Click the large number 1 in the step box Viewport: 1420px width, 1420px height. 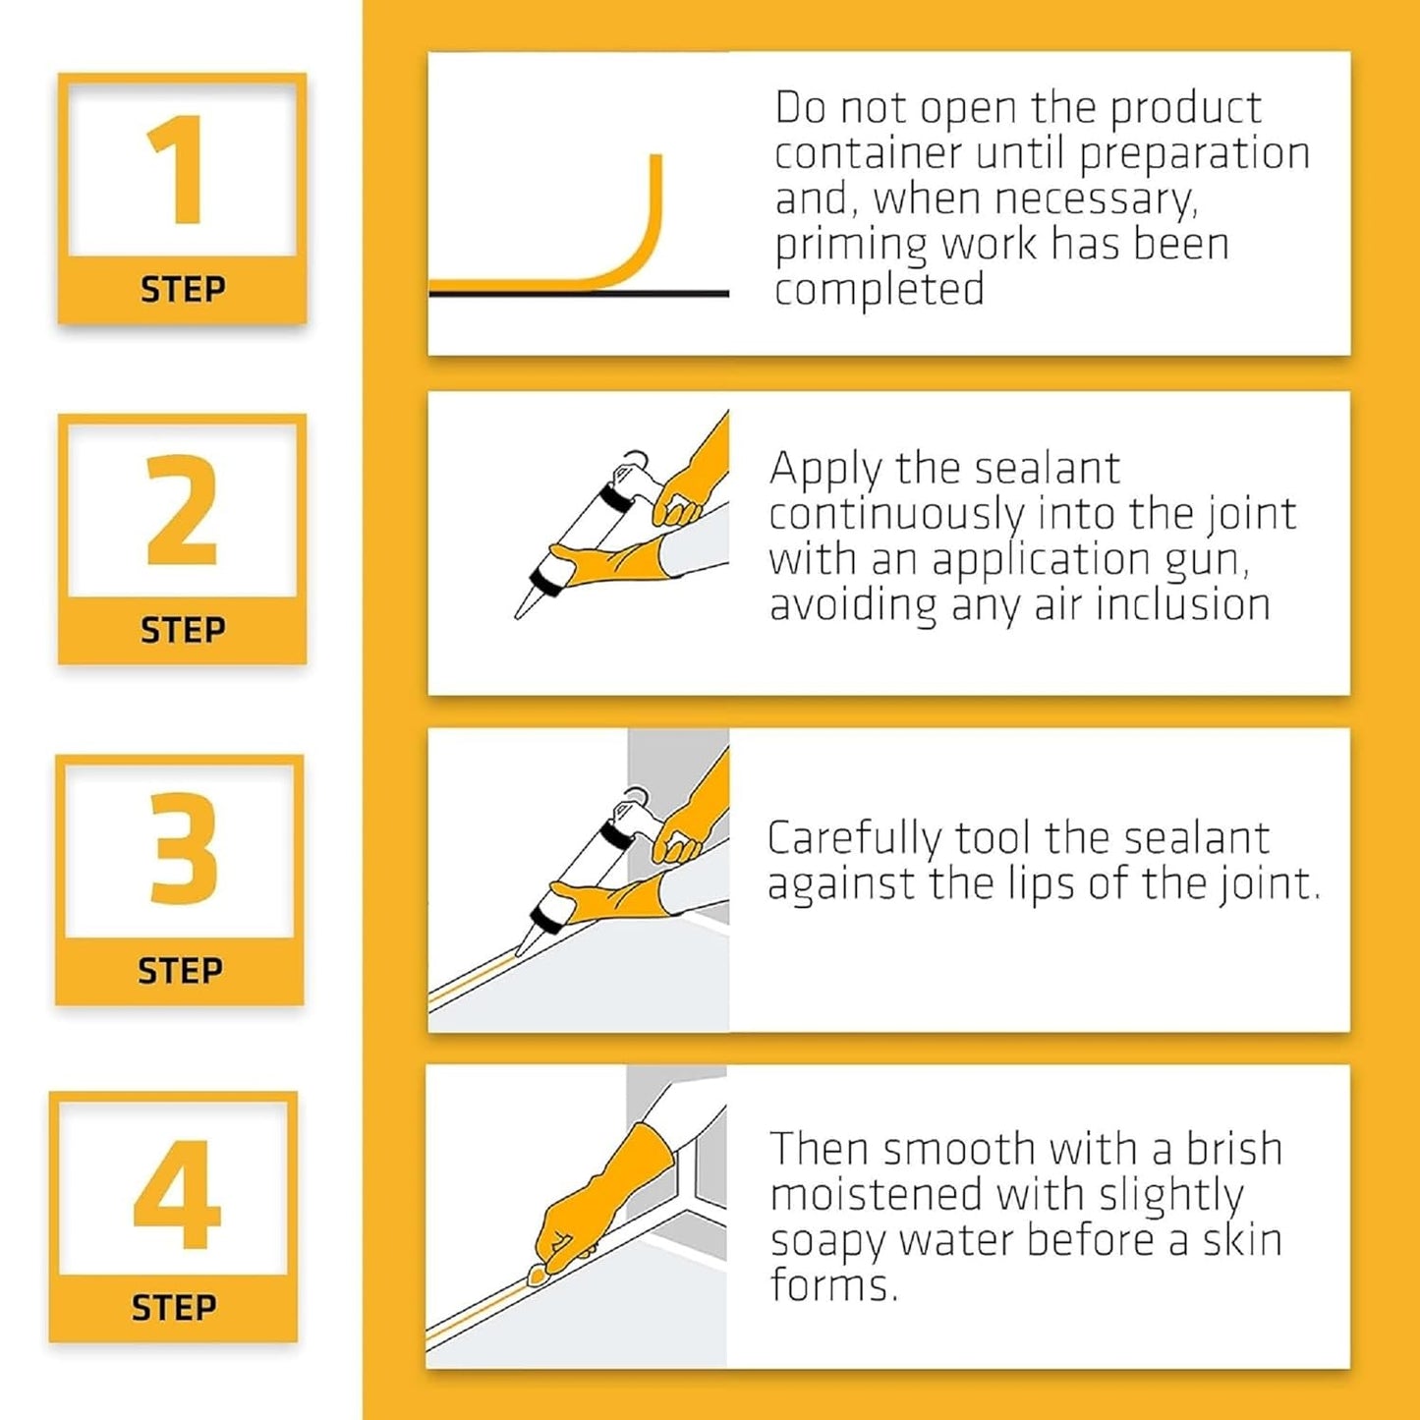178,171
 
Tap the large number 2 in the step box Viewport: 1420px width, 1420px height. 182,510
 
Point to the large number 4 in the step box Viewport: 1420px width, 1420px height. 177,1194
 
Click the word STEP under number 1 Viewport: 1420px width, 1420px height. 183,290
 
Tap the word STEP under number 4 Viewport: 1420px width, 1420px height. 174,1308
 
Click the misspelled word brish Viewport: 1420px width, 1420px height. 1233,1149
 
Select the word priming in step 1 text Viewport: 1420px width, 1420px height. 850,245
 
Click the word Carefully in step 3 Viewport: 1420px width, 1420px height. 853,839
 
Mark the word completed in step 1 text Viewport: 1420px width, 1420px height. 879,290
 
